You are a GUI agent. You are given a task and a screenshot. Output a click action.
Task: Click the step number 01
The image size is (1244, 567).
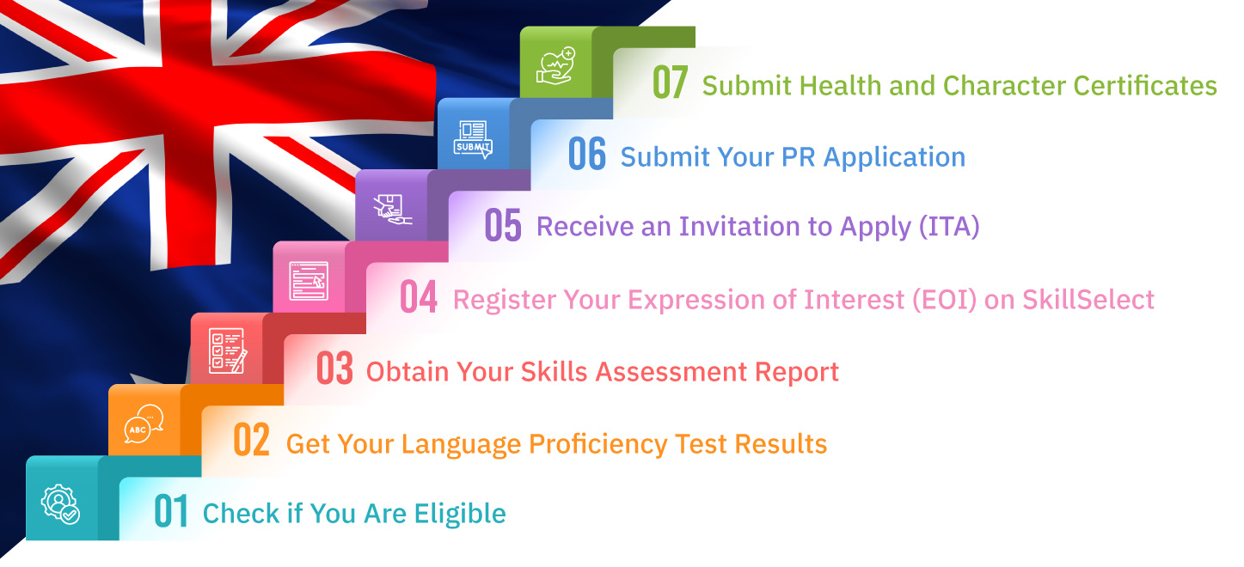(171, 512)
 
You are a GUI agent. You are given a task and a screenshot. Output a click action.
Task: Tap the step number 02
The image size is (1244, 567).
(252, 441)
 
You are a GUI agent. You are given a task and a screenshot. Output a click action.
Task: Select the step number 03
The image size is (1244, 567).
(334, 369)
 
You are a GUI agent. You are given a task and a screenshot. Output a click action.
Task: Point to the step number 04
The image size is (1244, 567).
(419, 297)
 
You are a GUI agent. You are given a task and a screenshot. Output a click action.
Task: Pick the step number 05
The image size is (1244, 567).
(503, 225)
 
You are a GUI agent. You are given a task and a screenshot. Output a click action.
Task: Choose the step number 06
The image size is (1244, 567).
(587, 155)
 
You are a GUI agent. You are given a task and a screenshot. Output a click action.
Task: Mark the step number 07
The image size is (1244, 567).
(671, 83)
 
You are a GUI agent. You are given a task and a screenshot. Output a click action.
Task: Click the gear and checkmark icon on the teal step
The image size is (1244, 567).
(61, 504)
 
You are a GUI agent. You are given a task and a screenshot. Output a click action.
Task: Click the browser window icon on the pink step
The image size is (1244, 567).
(309, 281)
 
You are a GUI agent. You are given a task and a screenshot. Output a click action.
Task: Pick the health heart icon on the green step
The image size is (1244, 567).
(556, 67)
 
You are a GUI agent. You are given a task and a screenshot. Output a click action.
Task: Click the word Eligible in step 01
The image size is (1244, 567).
(460, 514)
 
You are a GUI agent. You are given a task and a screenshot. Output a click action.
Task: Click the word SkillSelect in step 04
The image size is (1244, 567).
(1088, 299)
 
